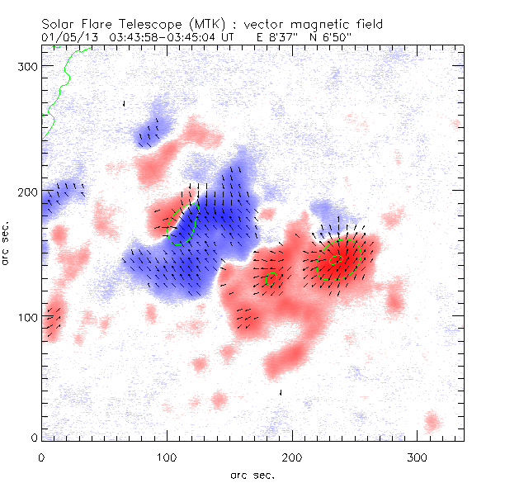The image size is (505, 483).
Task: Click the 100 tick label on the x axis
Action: (167, 456)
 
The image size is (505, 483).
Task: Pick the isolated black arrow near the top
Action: (124, 104)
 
